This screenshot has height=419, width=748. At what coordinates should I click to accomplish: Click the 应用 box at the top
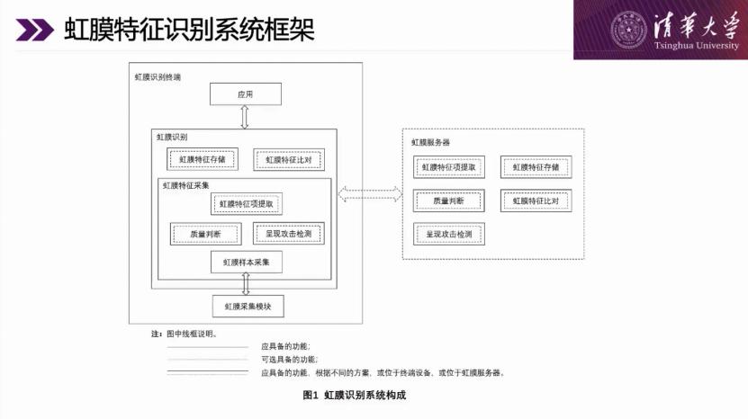pos(245,94)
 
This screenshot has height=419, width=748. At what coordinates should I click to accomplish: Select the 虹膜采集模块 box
pos(248,307)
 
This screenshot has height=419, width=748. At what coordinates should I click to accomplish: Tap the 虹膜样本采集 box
pos(246,263)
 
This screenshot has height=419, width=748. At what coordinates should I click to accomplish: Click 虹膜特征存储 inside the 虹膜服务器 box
pos(536,167)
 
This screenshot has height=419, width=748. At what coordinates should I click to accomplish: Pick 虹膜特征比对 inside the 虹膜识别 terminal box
pos(289,160)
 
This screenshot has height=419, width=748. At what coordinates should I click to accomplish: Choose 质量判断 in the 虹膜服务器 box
pos(449,201)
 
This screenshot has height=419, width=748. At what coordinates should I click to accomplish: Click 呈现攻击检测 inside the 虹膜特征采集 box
pos(289,234)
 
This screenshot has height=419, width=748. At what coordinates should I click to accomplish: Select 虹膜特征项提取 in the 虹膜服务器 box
pos(449,167)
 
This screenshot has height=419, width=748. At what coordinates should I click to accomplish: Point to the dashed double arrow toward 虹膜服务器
pos(370,194)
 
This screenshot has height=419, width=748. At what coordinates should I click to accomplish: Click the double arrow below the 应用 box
pos(245,117)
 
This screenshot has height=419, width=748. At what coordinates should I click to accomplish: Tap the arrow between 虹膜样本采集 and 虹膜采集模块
pos(246,284)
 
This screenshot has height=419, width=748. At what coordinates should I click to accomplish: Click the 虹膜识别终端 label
pos(158,77)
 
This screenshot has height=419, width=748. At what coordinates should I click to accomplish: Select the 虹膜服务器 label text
pos(431,142)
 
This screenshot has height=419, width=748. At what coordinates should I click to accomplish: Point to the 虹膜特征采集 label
pos(186,185)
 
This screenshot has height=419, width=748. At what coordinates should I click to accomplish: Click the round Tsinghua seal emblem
pos(629,30)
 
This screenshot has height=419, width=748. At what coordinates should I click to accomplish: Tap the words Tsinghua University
pos(697,46)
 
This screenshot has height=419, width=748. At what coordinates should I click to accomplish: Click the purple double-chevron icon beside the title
pos(34,30)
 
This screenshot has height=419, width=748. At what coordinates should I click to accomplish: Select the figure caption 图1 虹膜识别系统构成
pos(355,395)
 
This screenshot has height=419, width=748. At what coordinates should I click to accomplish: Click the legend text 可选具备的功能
pos(289,360)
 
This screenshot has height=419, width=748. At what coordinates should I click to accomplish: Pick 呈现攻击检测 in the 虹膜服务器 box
pos(449,234)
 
